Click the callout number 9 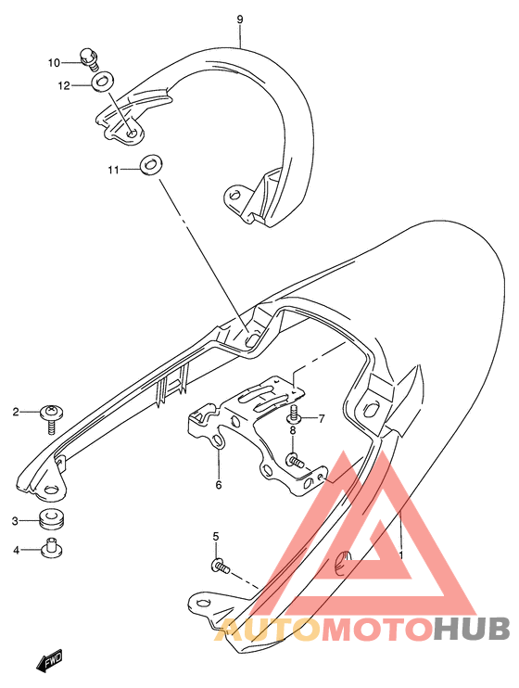239,19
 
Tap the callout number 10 54,63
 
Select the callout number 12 64,85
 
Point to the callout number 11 114,170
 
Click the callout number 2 16,412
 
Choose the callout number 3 15,521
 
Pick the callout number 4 17,550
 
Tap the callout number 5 216,536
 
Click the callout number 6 219,485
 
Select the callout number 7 322,418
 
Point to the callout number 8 293,430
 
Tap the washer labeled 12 102,82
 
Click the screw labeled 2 52,418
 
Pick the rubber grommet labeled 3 51,519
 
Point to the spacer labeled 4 51,547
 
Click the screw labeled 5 221,566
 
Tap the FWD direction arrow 49,660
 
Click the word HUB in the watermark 472,629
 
